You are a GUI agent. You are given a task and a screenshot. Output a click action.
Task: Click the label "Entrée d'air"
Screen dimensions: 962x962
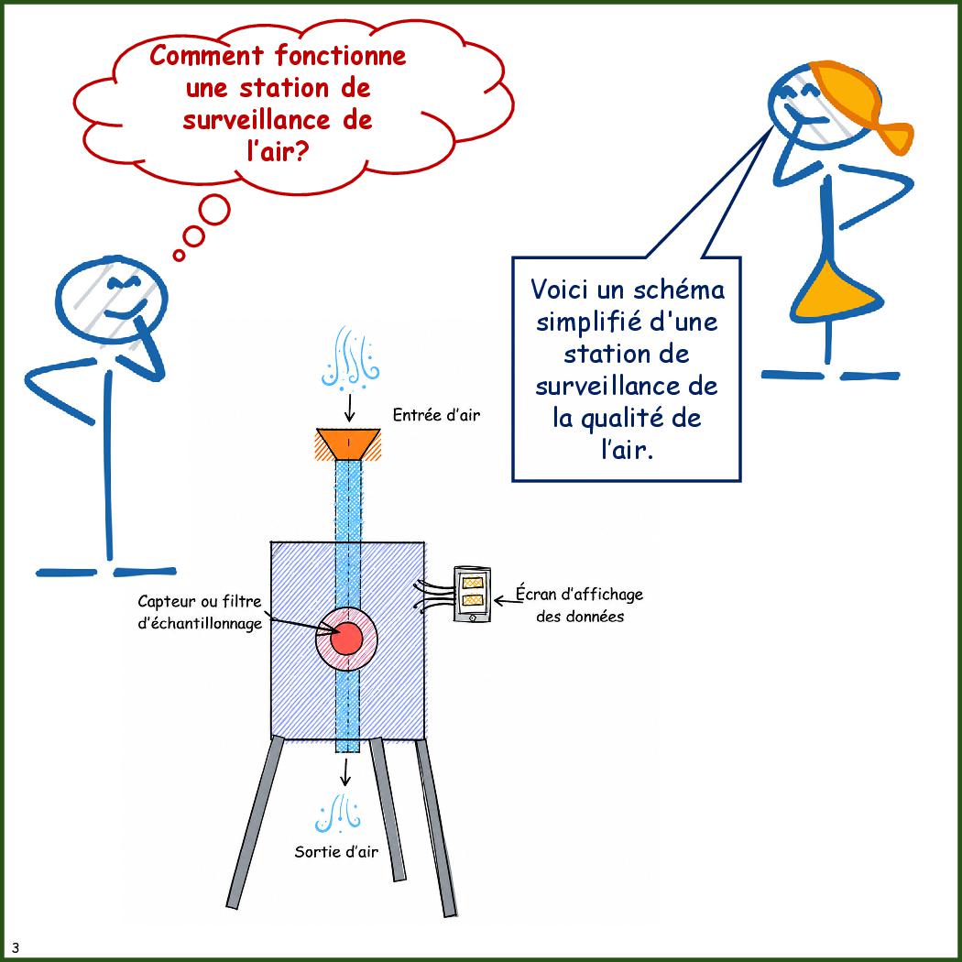pos(436,415)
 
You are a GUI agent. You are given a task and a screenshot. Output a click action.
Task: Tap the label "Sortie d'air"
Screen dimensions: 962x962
pos(336,851)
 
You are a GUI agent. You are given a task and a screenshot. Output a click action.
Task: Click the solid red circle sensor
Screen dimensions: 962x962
pos(346,639)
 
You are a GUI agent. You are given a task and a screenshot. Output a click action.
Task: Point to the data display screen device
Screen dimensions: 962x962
pos(473,595)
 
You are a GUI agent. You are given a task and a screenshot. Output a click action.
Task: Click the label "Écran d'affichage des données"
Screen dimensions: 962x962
pos(579,605)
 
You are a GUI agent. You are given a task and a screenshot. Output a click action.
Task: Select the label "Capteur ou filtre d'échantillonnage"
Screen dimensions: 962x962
pos(200,612)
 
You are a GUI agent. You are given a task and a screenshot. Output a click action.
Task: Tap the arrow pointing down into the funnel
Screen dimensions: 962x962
pos(349,408)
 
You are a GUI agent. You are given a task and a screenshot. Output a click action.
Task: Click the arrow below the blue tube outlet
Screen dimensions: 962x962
pos(345,771)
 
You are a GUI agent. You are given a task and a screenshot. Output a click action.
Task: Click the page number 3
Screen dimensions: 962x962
pos(16,947)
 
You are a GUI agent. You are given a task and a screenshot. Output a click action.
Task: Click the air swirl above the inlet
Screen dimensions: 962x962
pos(350,357)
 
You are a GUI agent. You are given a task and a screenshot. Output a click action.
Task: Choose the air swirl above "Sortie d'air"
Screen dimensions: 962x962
pos(338,814)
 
